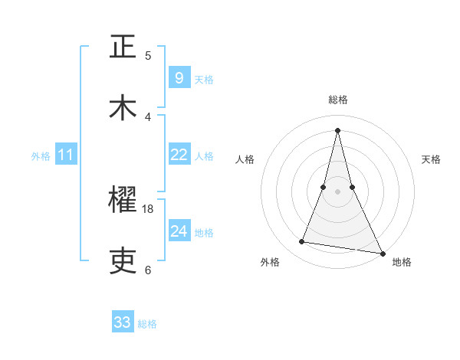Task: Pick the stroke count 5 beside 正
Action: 148,55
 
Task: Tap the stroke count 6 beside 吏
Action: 148,270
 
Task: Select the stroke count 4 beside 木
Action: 148,116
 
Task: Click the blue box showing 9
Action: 179,78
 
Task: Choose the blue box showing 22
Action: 179,155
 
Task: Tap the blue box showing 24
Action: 179,231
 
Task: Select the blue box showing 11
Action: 65,155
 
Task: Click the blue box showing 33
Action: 122,322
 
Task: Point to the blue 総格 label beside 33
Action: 147,324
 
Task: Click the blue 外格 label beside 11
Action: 41,156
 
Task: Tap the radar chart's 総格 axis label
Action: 338,100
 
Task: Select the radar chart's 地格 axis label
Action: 402,262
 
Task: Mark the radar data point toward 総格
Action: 337,129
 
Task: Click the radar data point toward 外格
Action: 301,242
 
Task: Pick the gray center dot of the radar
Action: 337,191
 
